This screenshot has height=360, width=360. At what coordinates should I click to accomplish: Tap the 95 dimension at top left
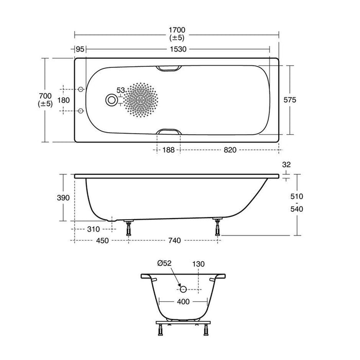pos(79,49)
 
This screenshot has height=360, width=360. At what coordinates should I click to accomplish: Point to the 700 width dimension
pos(45,96)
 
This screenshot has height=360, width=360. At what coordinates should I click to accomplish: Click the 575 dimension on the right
pos(290,100)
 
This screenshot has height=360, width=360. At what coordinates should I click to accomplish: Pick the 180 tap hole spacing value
pos(63,100)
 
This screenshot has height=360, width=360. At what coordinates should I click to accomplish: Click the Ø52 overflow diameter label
pos(166,264)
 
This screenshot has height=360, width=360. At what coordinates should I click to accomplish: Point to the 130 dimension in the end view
pos(199,264)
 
